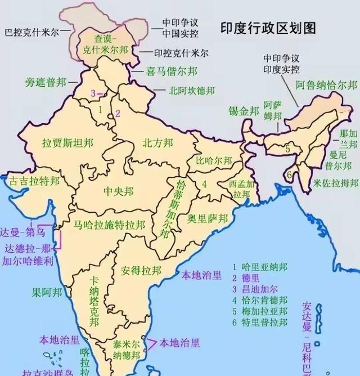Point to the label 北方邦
(x=157, y=142)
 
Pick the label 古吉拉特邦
(x=34, y=181)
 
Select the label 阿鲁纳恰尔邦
(x=327, y=86)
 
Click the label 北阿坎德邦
(x=191, y=90)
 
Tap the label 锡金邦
(x=244, y=110)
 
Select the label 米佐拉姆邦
(x=336, y=183)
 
